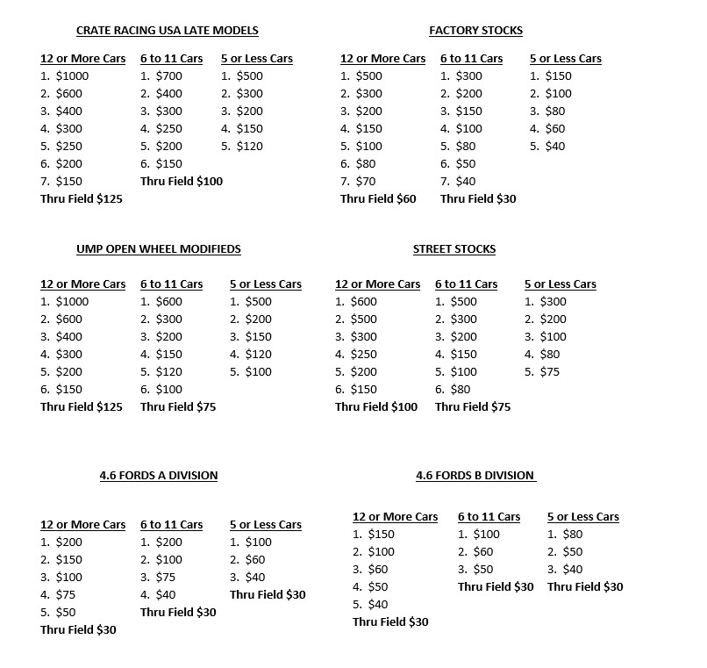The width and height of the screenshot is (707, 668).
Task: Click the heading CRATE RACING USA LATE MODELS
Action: point(168,31)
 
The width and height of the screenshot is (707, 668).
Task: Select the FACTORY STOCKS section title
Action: point(475,31)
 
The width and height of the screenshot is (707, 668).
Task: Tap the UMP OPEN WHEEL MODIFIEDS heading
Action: point(159,249)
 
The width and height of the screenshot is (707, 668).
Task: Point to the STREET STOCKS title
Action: point(454,249)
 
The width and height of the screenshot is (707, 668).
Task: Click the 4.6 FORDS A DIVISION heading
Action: point(159,476)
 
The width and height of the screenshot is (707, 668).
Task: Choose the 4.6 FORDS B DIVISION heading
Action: point(475,476)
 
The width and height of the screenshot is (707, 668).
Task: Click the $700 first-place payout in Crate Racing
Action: point(168,76)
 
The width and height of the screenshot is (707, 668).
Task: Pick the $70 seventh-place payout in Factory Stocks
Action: point(365,182)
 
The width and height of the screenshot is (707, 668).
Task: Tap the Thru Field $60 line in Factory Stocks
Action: point(378,199)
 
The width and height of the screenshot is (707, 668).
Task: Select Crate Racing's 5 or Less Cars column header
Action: point(257,59)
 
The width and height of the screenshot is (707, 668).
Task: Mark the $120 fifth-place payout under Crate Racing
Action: point(249,147)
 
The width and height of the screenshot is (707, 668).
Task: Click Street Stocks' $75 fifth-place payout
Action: point(549,372)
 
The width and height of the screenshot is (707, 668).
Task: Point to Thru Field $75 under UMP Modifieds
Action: point(178,407)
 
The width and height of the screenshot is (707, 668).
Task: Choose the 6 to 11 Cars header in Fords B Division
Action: point(489,517)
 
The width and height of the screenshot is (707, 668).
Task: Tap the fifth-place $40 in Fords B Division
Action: point(377,605)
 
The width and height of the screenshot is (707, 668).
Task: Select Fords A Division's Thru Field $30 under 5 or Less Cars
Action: point(268,595)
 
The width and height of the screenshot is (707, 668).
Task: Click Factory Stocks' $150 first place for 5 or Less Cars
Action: point(558,76)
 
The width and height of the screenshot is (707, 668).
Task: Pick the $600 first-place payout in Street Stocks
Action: point(363,302)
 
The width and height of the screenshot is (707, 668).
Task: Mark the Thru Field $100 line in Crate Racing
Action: point(182,182)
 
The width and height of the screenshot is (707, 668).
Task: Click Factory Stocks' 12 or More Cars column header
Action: point(382,59)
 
